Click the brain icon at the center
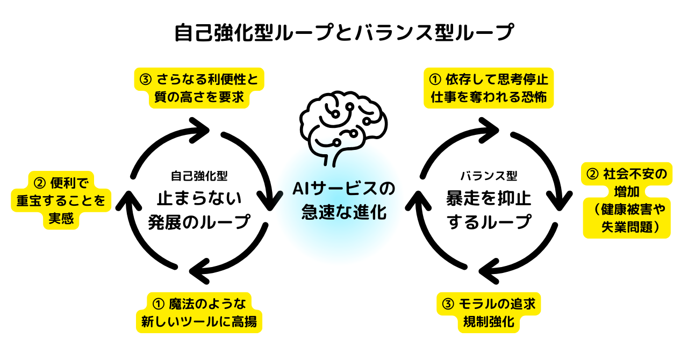coord(343,125)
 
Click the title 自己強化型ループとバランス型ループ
coord(344,33)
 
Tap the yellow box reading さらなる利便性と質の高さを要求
coord(199,88)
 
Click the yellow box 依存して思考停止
coord(489,80)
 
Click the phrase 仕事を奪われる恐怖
coord(489,98)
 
